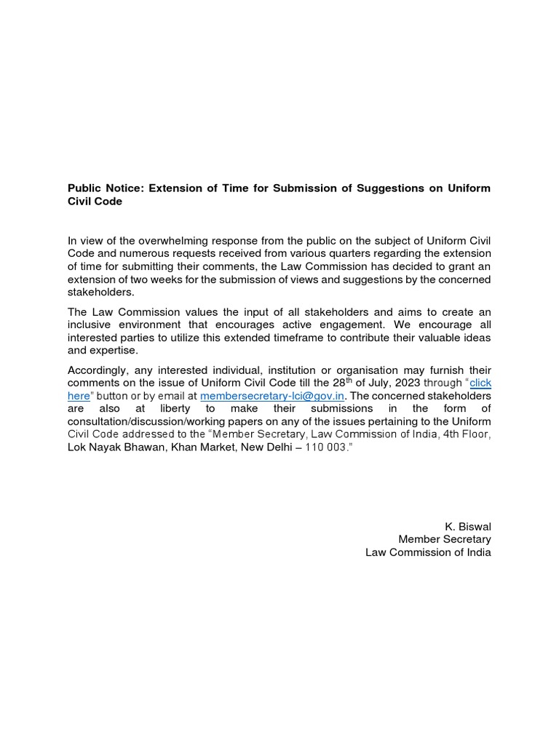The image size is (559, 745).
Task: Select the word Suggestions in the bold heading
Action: coord(387,189)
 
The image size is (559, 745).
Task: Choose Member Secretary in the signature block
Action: coord(444,539)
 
